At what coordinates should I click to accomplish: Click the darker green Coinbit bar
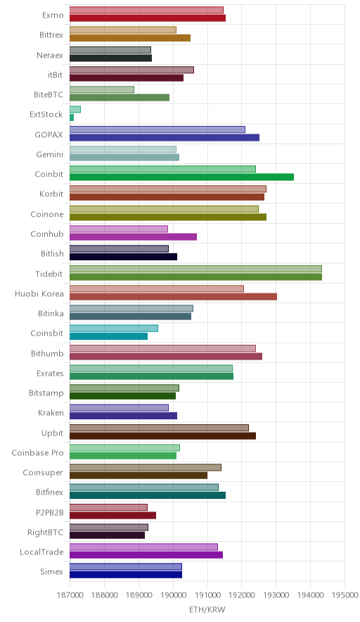tap(181, 177)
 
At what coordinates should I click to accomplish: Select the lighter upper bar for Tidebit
tap(195, 269)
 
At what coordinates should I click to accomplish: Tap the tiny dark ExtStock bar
tap(72, 118)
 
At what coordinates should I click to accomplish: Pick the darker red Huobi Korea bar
tap(173, 297)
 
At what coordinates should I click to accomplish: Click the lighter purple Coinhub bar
tap(119, 229)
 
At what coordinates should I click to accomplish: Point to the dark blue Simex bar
tap(126, 575)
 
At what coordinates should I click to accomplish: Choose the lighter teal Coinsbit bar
tap(114, 329)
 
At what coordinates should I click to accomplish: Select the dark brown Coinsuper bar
tap(139, 475)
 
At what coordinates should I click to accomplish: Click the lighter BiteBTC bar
tap(102, 89)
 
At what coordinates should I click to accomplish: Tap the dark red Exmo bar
tap(148, 18)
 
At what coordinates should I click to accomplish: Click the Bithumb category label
tap(47, 353)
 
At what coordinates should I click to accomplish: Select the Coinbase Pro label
tap(37, 452)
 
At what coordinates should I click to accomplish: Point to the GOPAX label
tap(49, 135)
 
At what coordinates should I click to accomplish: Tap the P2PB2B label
tap(49, 512)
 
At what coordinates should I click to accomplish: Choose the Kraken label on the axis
tap(51, 413)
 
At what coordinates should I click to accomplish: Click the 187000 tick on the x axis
tap(70, 595)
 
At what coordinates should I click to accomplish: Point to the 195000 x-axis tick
tap(345, 595)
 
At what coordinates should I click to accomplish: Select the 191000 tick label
tap(207, 595)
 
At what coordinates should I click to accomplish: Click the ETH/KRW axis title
tap(207, 609)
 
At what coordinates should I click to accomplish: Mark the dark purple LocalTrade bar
tap(146, 555)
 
